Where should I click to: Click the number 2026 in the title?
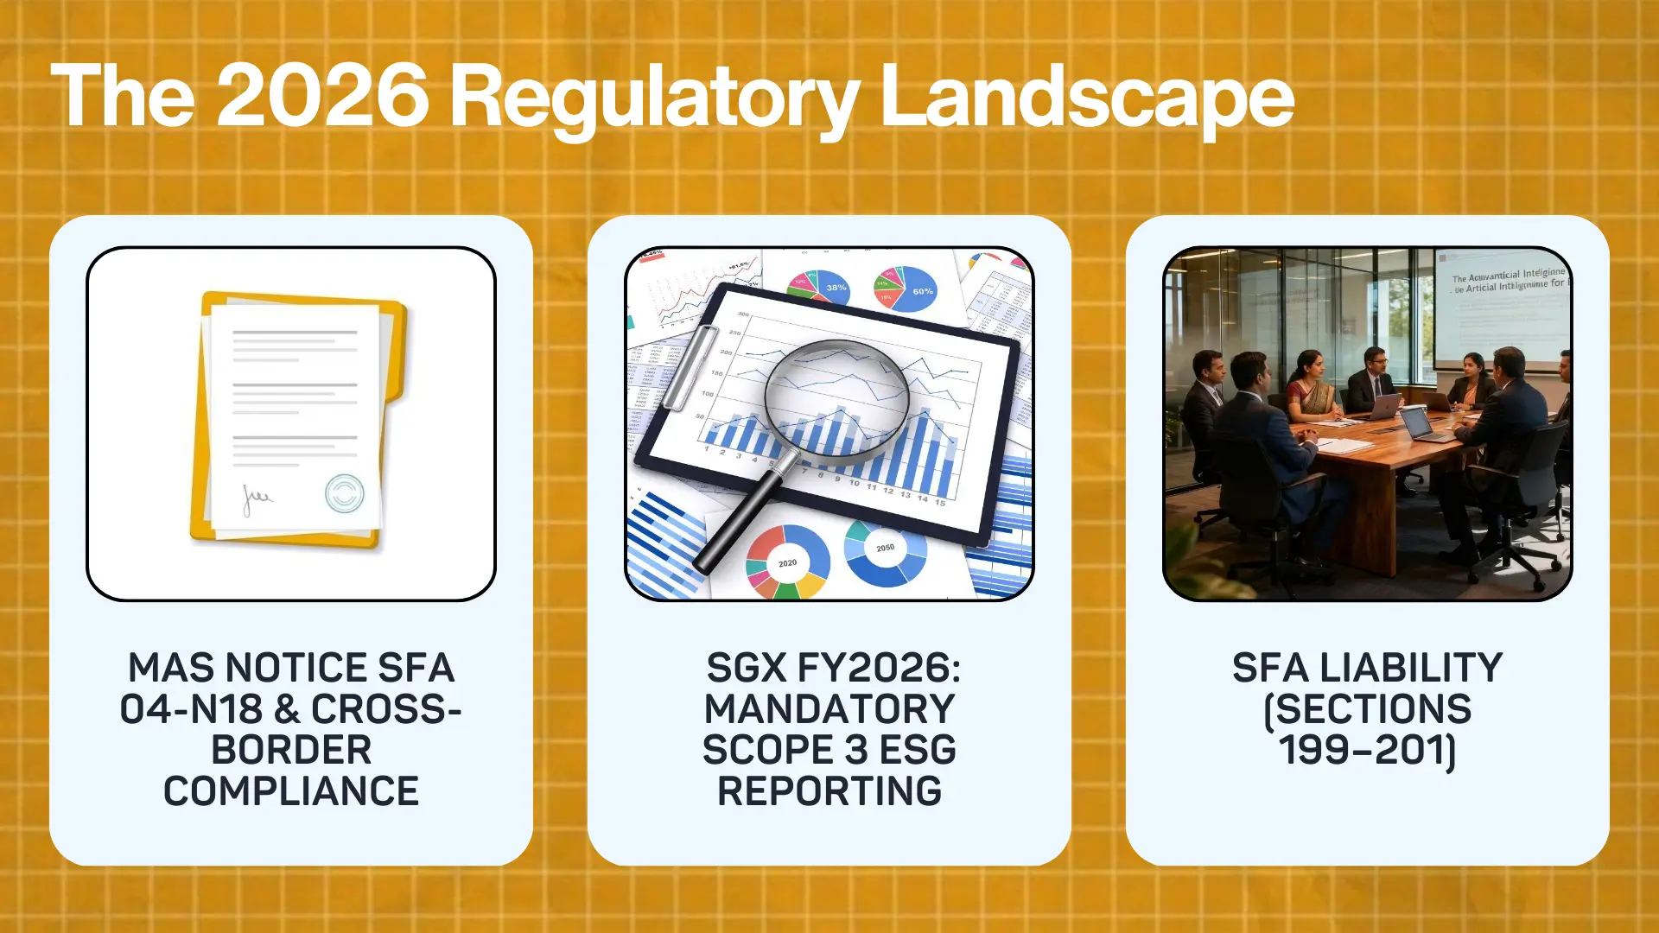(322, 97)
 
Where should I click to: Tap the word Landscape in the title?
(1086, 97)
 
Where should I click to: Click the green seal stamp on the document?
(344, 493)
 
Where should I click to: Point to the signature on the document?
(257, 498)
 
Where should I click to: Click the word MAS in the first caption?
(172, 668)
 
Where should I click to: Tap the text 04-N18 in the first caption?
(191, 709)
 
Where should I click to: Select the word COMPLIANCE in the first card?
(291, 791)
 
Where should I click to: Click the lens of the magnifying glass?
(836, 396)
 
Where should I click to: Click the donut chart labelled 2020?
(787, 562)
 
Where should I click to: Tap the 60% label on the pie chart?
(922, 291)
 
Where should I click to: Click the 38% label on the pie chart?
(836, 288)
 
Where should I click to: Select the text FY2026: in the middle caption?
(878, 668)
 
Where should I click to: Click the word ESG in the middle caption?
(918, 750)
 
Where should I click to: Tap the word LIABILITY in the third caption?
(1411, 668)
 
